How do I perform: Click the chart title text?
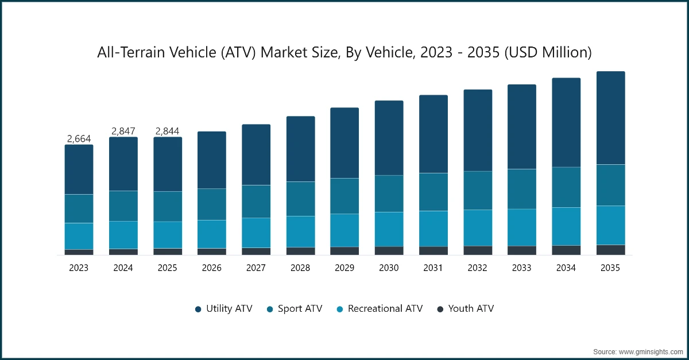point(344,53)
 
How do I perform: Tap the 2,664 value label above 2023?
point(79,138)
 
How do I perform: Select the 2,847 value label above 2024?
point(123,131)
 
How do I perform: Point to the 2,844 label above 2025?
point(167,131)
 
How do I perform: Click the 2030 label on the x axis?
point(389,268)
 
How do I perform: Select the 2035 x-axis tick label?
point(610,268)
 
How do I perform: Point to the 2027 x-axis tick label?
point(256,268)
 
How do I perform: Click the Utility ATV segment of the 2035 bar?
point(610,118)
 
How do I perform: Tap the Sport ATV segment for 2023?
point(79,208)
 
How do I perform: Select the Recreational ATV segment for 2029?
point(344,230)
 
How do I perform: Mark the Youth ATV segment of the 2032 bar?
point(478,250)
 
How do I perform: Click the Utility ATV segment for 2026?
point(212,160)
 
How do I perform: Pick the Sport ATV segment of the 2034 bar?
point(566,187)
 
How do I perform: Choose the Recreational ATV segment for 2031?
point(433,229)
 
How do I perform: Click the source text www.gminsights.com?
point(637,351)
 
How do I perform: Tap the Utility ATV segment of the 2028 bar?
point(300,149)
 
